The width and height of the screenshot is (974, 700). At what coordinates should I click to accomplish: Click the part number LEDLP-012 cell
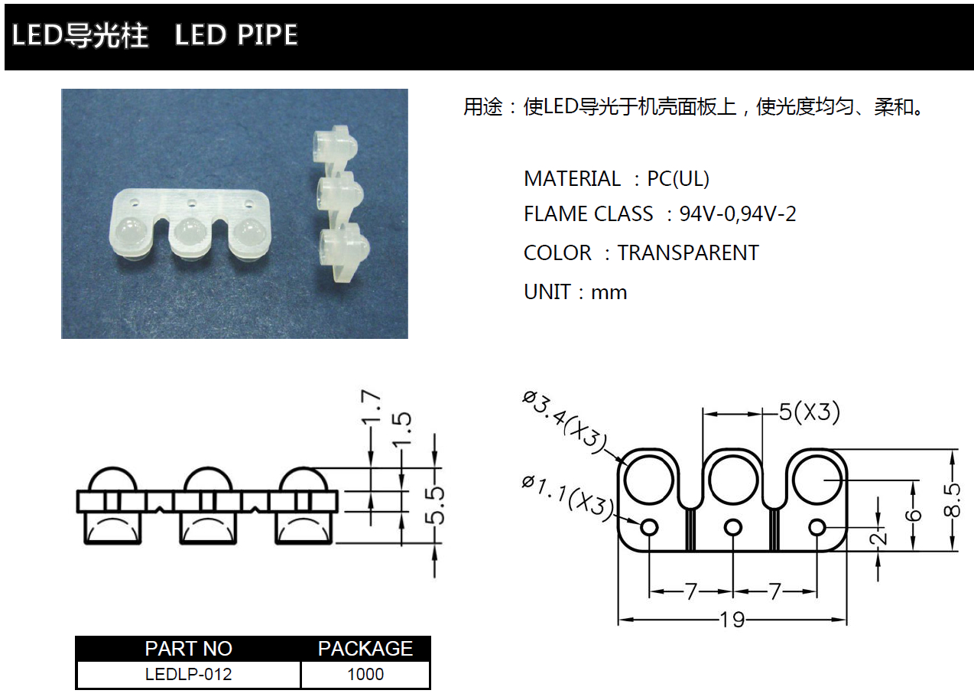(x=188, y=674)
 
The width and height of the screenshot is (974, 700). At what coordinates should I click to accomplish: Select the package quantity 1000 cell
(x=365, y=674)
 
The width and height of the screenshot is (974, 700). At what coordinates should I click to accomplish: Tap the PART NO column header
(x=188, y=649)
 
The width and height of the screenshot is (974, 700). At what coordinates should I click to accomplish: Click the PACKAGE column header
(x=365, y=649)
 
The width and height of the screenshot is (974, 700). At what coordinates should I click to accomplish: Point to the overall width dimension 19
(x=732, y=620)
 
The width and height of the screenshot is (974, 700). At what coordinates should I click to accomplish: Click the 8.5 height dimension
(x=951, y=500)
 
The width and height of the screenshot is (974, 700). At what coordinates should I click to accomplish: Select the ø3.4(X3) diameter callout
(x=564, y=423)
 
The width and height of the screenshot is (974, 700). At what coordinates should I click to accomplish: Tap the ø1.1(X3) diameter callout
(x=567, y=500)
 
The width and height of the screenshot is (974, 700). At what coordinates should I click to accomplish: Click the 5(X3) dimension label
(x=809, y=412)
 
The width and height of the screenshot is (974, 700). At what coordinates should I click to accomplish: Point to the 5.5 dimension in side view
(x=435, y=506)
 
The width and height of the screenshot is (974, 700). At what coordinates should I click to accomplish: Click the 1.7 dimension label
(x=371, y=407)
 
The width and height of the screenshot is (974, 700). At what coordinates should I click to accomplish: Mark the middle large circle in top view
(x=733, y=480)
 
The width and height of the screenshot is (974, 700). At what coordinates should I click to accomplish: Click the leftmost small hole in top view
(x=649, y=528)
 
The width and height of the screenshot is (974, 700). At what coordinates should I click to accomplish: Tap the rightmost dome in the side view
(x=303, y=480)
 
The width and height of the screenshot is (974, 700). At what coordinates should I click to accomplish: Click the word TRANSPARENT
(x=688, y=252)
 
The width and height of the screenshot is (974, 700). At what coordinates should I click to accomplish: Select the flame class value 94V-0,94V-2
(x=738, y=214)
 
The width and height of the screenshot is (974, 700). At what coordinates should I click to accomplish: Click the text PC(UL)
(x=678, y=179)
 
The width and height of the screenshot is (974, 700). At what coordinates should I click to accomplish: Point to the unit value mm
(x=609, y=293)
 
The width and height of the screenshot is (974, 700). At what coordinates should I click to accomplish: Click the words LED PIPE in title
(x=236, y=34)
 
